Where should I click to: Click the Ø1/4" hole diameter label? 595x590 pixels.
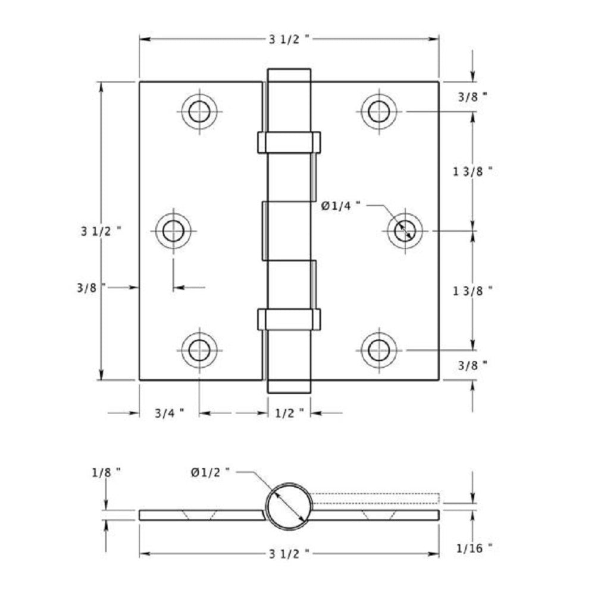tap(342, 206)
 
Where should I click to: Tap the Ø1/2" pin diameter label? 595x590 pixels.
tap(210, 472)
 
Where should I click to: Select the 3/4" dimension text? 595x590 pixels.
tap(169, 412)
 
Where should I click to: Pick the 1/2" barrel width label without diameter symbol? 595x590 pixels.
tap(289, 412)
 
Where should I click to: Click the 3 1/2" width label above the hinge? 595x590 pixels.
tap(289, 39)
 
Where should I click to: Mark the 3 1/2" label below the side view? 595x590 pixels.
tap(289, 554)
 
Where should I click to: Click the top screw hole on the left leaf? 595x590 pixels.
tap(199, 111)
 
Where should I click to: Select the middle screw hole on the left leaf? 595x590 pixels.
tap(173, 231)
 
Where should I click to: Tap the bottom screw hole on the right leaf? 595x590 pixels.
tap(378, 350)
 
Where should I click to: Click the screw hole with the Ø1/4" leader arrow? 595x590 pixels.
tap(405, 230)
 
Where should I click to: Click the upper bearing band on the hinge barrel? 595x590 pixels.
tap(289, 142)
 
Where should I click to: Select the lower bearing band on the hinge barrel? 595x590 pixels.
tap(289, 319)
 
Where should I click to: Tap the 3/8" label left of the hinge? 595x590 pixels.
tap(91, 288)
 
